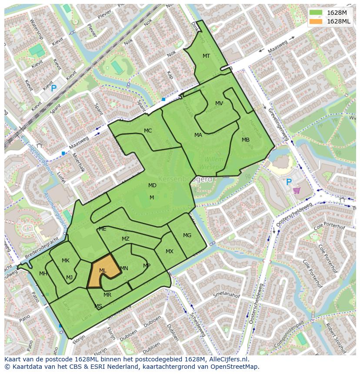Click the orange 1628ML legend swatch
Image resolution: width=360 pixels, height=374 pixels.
tap(316, 21)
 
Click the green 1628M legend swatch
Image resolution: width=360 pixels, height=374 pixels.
tap(316, 13)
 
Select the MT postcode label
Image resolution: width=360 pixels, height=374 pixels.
tap(206, 56)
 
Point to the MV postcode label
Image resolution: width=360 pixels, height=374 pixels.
tap(219, 103)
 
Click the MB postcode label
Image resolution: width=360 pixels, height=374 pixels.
tap(246, 140)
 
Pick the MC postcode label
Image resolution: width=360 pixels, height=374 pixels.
tap(148, 131)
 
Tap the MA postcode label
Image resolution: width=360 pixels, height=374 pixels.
tap(198, 135)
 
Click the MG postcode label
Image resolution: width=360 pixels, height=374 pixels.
tap(187, 235)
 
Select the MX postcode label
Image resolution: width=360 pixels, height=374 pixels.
tap(170, 252)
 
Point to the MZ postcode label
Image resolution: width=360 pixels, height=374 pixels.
tap(126, 239)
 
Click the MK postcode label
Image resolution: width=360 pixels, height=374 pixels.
tap(66, 261)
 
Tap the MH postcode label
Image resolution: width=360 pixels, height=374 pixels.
tap(43, 274)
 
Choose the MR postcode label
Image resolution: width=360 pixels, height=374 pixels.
tap(107, 295)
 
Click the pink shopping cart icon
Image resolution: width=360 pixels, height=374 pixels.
tap(297, 190)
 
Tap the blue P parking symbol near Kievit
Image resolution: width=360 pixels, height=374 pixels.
tap(53, 89)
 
